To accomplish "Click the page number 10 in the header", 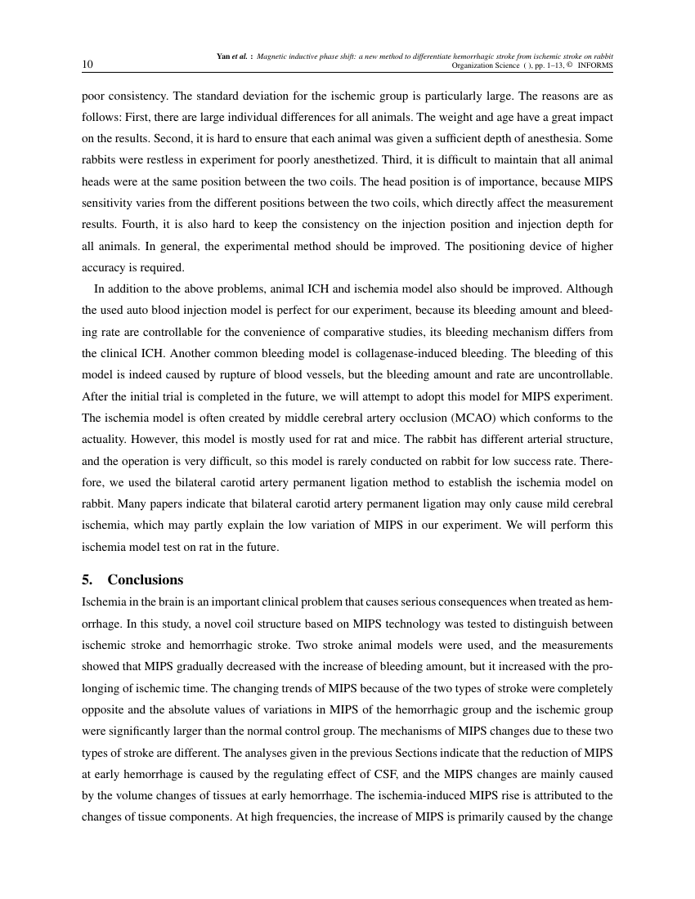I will [87, 65].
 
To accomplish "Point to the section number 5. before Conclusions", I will [87, 579].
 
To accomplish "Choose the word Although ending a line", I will [590, 288].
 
